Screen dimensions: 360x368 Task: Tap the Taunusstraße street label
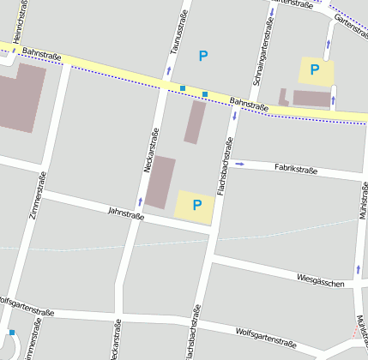[x=180, y=33]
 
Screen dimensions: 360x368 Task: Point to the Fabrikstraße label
[x=295, y=170]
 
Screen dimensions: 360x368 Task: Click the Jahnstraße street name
[x=125, y=213]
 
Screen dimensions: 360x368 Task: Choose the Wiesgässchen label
[x=320, y=281]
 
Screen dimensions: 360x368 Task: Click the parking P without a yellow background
[x=203, y=57]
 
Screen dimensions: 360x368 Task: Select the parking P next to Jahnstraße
[x=196, y=205]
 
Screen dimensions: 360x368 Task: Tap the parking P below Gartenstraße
[x=315, y=69]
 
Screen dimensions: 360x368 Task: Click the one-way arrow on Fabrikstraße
[x=239, y=163]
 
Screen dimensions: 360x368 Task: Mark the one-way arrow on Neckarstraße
[x=140, y=201]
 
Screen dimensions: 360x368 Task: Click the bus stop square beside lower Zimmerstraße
[x=12, y=333]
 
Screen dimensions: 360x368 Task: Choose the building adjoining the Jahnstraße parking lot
[x=160, y=182]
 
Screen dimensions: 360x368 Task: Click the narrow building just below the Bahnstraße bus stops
[x=195, y=122]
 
